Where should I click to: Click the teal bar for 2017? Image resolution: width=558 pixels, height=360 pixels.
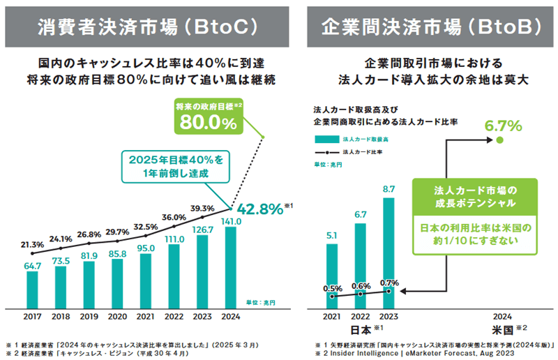pos(32,288)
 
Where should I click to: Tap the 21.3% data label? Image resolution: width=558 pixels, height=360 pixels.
pos(33,244)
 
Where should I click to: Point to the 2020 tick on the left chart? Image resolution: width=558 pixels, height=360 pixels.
pos(117,316)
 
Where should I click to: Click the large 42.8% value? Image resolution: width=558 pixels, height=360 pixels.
pos(259,209)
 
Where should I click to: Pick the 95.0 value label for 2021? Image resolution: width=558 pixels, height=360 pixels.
pos(146,248)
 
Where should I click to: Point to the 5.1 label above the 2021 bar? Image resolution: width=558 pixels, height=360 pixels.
pos(332,236)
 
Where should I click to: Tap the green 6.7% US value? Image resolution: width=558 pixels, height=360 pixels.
pos(503,126)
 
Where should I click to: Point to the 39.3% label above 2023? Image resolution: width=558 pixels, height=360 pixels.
pos(202,208)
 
